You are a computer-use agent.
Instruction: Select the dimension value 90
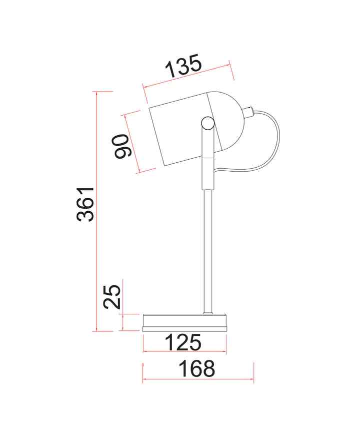click(122, 146)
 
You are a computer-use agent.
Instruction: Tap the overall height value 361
click(85, 204)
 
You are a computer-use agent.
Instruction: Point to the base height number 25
click(112, 297)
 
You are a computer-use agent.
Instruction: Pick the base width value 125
click(183, 342)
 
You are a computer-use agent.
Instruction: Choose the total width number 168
click(197, 368)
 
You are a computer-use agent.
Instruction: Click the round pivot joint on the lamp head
click(207, 123)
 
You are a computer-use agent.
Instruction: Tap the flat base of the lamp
click(184, 322)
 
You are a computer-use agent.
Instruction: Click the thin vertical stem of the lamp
click(207, 251)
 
